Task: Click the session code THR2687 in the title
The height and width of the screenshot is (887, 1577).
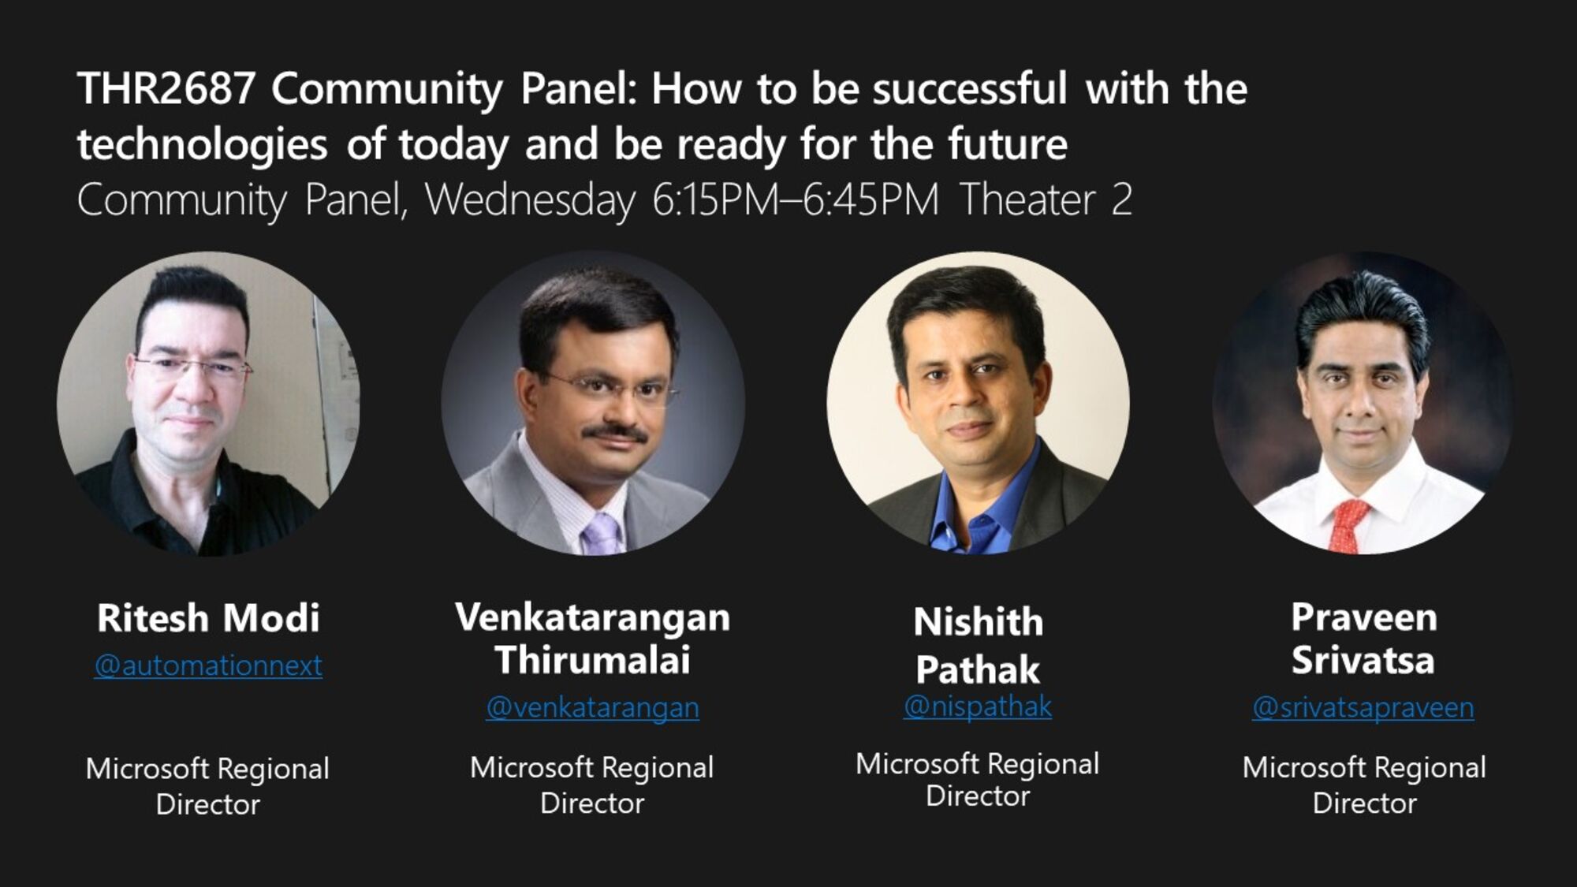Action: (166, 88)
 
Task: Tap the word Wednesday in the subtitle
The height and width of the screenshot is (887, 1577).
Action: (530, 200)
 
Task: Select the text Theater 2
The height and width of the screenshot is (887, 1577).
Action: (1046, 200)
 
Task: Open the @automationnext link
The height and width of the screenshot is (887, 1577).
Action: (208, 665)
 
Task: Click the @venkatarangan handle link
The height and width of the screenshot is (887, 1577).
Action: (592, 707)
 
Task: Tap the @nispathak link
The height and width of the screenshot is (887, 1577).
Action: (977, 706)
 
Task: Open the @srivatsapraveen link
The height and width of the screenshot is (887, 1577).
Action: (1363, 707)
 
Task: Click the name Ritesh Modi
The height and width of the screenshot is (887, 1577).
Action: (208, 617)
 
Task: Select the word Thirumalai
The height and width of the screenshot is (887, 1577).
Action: (592, 660)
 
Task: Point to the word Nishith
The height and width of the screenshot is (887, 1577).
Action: (978, 622)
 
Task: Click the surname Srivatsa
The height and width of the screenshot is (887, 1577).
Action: (1363, 660)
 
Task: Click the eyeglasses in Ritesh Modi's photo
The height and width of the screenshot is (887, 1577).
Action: (193, 367)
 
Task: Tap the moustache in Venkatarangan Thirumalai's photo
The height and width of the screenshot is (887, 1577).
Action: (615, 432)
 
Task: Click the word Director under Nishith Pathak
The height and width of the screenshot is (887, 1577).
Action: (978, 796)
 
